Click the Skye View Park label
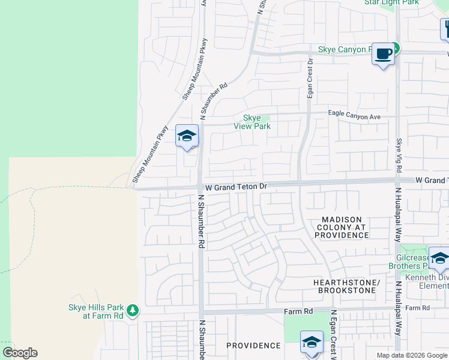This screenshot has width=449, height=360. pos(256,122)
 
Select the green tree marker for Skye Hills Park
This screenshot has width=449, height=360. pos(133,311)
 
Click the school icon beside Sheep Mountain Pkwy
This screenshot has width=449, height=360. pos(187,137)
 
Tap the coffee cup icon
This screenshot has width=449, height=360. pos(383,55)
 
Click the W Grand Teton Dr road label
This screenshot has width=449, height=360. pos(235,187)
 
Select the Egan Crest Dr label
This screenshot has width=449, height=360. pos(310,78)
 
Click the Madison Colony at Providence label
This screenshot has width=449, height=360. pos(342,227)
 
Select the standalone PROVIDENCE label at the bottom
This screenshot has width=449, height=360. pos(253,346)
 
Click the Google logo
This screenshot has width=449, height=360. pos(20,353)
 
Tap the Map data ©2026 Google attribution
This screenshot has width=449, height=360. pos(411,355)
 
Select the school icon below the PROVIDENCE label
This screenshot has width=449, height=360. pos(312,343)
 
